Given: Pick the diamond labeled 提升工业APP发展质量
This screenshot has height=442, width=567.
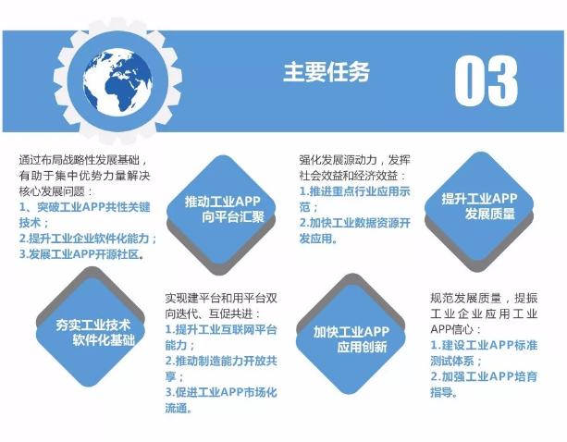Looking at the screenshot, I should click(478, 206).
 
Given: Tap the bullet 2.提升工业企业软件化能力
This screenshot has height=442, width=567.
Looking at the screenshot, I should click(87, 238).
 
